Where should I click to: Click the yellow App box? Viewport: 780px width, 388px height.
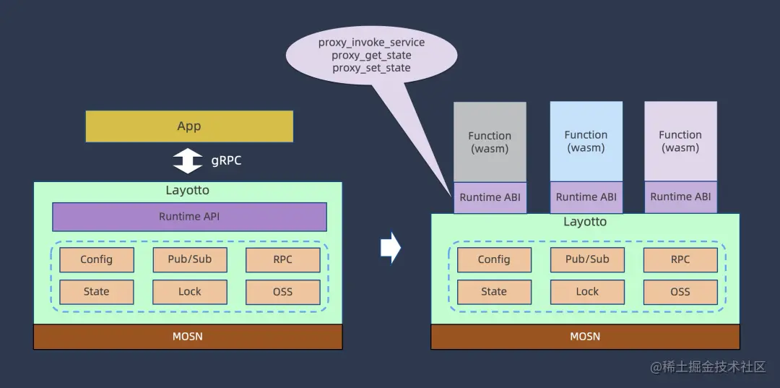tap(189, 126)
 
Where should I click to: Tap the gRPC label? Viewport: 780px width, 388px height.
tap(226, 160)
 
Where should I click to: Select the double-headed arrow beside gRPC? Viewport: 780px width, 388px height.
tap(188, 160)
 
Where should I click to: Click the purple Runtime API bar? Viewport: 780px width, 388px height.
tap(189, 216)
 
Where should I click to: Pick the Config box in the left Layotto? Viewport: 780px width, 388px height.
tap(96, 259)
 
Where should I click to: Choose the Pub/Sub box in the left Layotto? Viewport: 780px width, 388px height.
tap(189, 259)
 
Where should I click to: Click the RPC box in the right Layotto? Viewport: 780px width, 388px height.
tap(680, 259)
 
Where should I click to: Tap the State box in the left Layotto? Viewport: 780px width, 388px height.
tap(96, 292)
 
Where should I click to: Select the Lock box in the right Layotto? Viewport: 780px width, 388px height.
tap(586, 292)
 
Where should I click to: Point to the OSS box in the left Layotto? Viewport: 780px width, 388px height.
tap(282, 292)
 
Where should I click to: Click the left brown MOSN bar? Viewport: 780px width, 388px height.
tap(188, 337)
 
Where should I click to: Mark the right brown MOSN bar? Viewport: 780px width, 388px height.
tap(585, 337)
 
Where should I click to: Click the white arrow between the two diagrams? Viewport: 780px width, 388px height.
tap(390, 248)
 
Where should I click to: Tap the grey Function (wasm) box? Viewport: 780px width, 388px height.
tap(490, 142)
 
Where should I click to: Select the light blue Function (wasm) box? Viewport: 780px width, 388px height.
tap(586, 141)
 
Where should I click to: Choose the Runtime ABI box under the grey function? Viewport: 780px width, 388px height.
tap(490, 197)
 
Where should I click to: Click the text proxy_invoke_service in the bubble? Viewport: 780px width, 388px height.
tap(371, 43)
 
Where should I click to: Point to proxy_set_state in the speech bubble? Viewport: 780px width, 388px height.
tap(371, 68)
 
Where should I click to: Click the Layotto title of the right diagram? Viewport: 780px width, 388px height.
tap(585, 222)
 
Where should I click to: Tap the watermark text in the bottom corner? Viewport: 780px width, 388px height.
tap(708, 367)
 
